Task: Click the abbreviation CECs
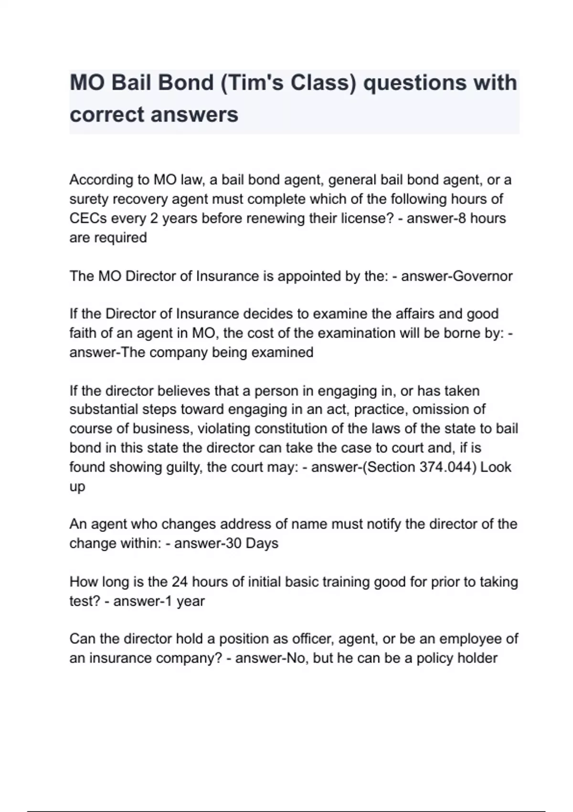pos(88,218)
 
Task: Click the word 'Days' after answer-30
pos(262,543)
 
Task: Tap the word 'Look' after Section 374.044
pos(496,467)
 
